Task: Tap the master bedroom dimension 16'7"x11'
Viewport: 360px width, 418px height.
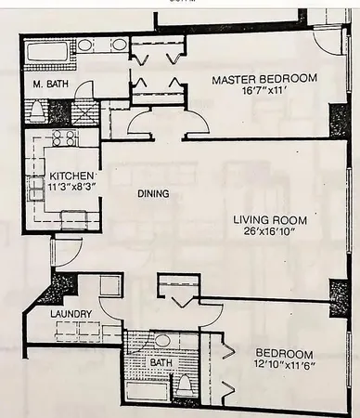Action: tap(263, 94)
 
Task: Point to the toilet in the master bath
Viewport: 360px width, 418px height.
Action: tap(38, 111)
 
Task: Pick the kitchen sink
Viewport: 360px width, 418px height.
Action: tap(73, 218)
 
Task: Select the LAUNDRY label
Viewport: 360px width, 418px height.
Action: tap(71, 315)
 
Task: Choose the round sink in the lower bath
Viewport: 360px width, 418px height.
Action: tap(161, 340)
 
